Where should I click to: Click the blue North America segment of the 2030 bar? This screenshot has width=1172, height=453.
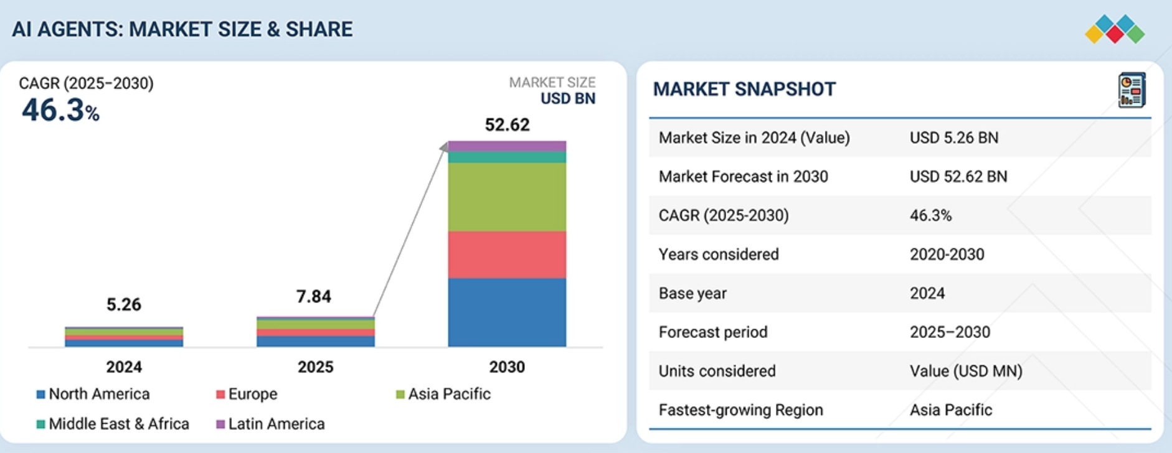(x=507, y=312)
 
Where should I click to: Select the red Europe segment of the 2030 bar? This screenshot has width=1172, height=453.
(x=507, y=255)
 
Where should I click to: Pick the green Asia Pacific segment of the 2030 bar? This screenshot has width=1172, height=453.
(x=507, y=197)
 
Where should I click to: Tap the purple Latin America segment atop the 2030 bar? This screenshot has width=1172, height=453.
(x=507, y=146)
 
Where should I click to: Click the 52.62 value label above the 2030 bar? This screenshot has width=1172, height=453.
(x=507, y=125)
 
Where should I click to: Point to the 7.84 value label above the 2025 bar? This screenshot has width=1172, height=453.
(x=313, y=296)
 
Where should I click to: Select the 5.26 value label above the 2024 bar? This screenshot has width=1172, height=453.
(x=123, y=304)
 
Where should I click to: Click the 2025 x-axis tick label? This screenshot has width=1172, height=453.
(x=315, y=367)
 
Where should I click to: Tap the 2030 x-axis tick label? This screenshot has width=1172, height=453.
(x=507, y=367)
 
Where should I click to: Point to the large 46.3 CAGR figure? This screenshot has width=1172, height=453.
(x=53, y=110)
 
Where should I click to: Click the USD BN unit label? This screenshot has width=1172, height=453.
(x=567, y=98)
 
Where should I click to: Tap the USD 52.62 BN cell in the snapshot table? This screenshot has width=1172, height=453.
(x=958, y=177)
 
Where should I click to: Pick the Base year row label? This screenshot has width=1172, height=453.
(x=692, y=293)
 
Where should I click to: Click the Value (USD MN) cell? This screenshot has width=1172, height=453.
(x=966, y=371)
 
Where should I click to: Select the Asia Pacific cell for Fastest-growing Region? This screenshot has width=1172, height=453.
(x=950, y=410)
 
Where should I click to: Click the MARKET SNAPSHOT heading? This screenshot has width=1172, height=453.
(x=744, y=89)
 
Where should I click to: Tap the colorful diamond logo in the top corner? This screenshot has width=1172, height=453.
(x=1114, y=29)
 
